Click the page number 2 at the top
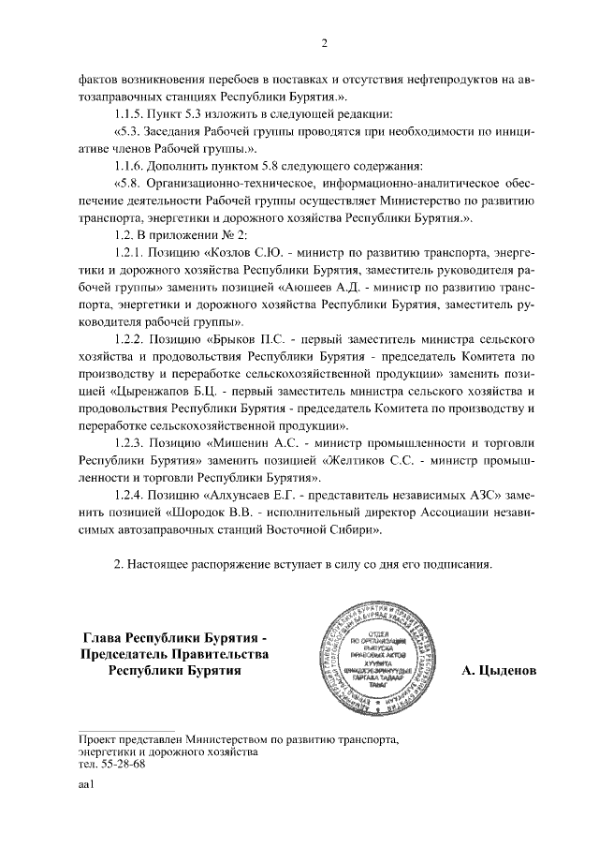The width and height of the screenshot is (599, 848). [324, 44]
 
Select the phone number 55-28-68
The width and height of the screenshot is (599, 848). [118, 765]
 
